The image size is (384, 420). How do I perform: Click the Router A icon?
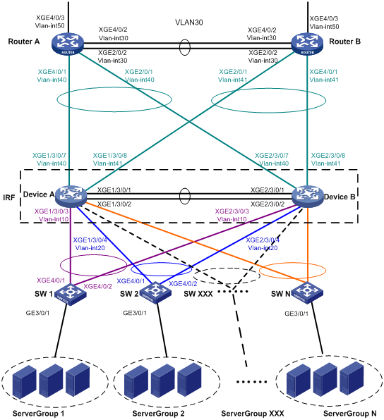click(x=68, y=44)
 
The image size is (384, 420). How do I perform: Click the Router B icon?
click(x=307, y=44)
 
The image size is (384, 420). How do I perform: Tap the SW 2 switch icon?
click(x=155, y=292)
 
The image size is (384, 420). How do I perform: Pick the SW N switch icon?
click(x=307, y=293)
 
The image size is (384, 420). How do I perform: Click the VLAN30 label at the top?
click(x=189, y=23)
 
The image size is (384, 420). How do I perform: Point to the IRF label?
click(x=9, y=198)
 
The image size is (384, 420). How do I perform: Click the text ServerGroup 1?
click(x=38, y=413)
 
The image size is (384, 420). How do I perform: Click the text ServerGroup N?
click(x=350, y=413)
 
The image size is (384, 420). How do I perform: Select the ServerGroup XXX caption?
click(x=253, y=413)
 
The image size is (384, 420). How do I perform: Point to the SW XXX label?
click(x=198, y=294)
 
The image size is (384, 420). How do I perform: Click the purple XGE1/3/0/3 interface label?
click(x=52, y=211)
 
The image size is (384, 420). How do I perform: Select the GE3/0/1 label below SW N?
click(x=296, y=314)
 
